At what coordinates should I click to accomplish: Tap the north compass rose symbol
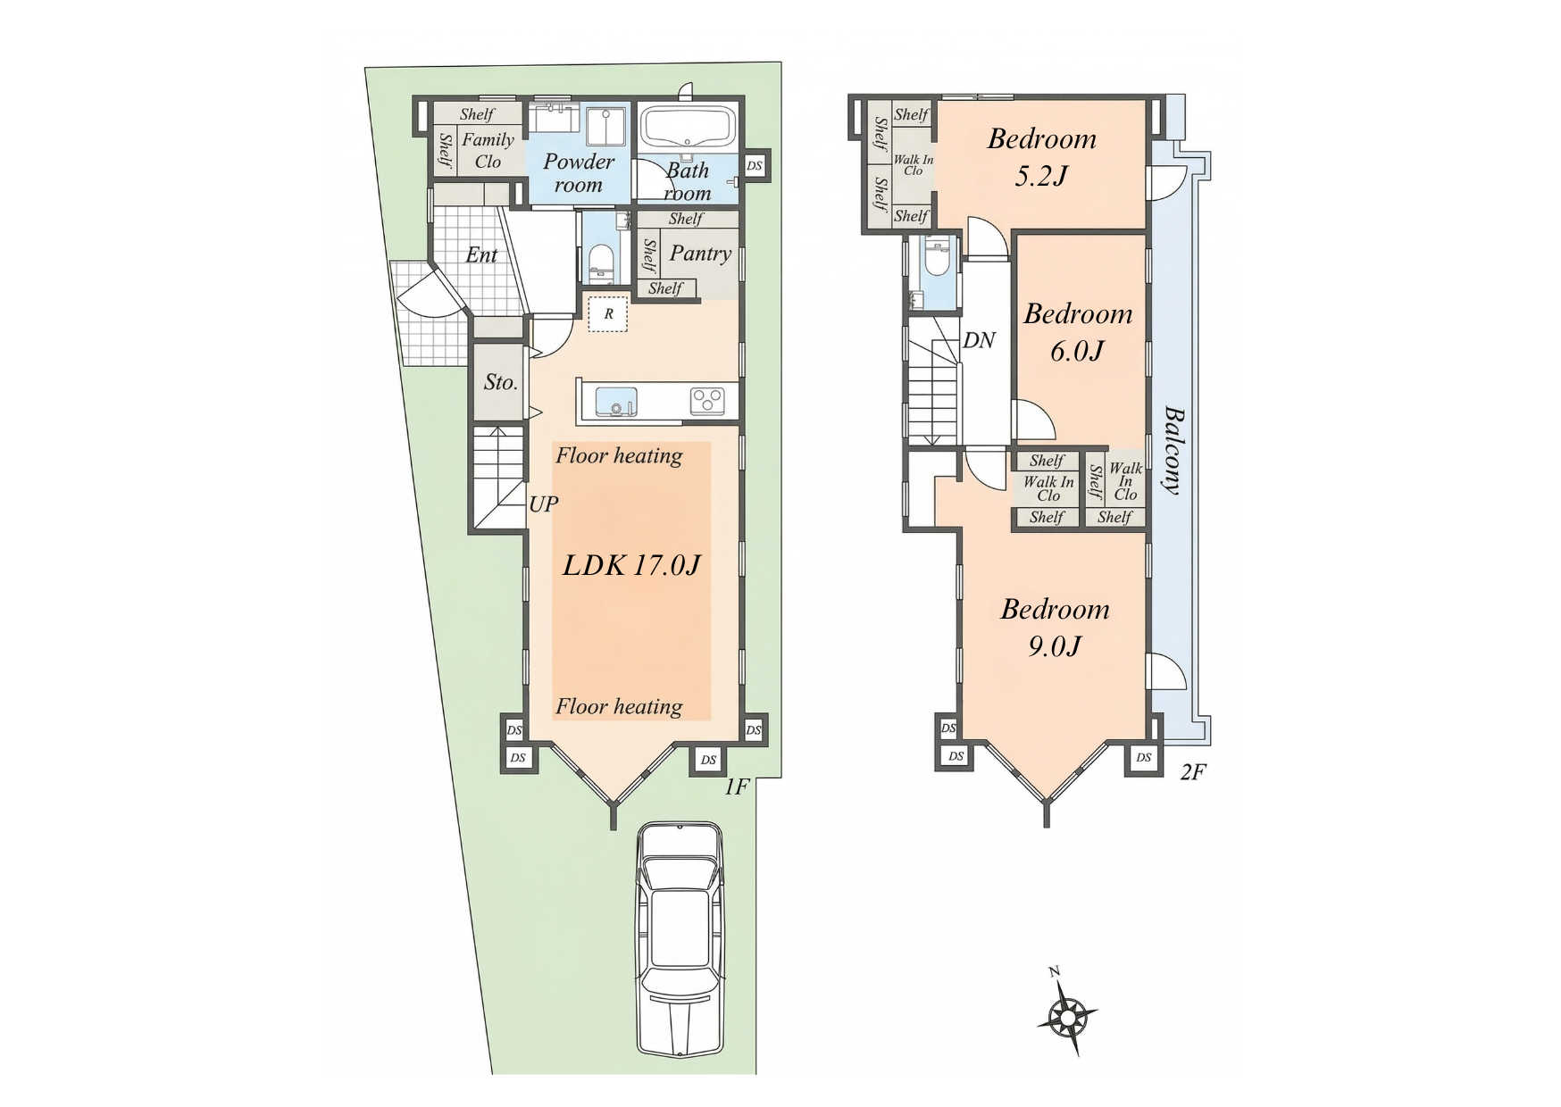point(1066,1014)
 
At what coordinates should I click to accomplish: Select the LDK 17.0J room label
point(631,565)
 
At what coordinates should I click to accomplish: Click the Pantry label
point(701,254)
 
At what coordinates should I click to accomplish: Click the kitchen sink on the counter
point(615,401)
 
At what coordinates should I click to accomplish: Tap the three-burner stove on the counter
point(709,401)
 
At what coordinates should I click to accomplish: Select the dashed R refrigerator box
point(608,314)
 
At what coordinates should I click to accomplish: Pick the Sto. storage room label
point(500,382)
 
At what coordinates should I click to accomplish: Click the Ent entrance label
point(481,255)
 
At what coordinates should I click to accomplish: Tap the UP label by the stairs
point(544,504)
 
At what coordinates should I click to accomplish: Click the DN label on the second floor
point(979,340)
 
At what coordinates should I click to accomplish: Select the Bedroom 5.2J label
point(1042,157)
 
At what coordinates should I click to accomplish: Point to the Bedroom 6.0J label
point(1078,332)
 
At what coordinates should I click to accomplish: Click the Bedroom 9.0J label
point(1055,628)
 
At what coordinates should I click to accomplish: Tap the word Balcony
point(1173,451)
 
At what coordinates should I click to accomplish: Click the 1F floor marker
point(736,787)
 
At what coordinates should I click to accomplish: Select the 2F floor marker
point(1193,772)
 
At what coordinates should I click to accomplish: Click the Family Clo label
point(488,150)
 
